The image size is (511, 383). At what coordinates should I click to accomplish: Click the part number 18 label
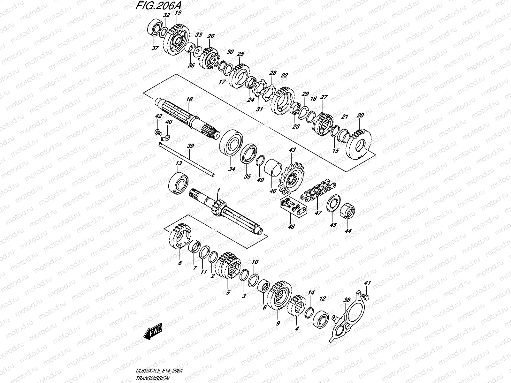(x=189, y=100)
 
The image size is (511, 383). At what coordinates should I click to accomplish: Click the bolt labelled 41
(x=366, y=297)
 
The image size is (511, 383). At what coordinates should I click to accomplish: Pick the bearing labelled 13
(x=179, y=183)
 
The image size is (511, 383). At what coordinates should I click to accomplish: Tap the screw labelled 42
(x=157, y=131)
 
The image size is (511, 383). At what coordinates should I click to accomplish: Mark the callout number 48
(x=292, y=227)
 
